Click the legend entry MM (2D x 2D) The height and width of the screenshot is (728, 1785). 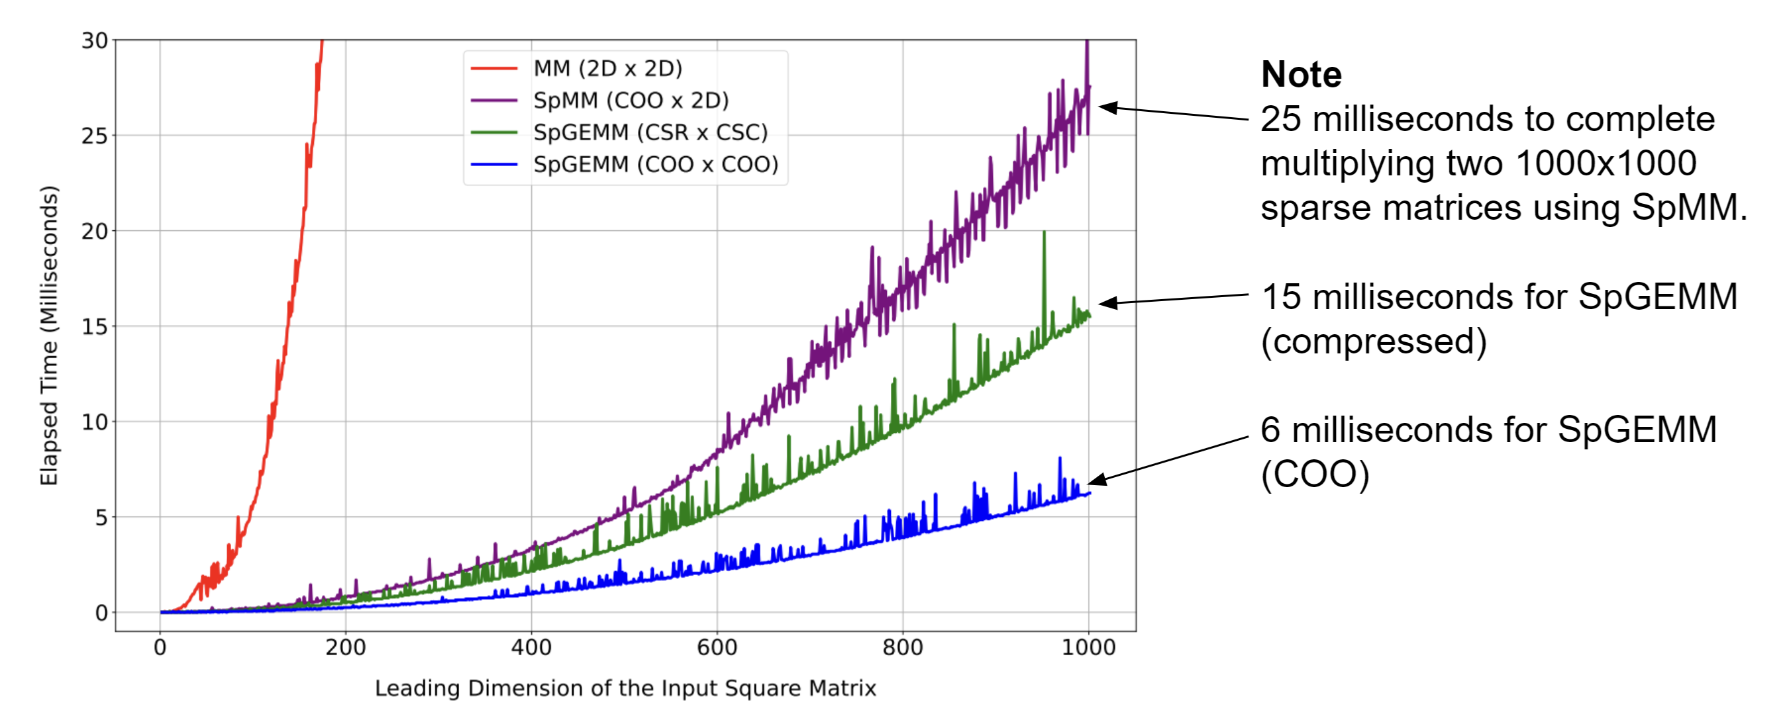607,69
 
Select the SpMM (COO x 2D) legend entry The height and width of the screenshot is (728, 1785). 631,101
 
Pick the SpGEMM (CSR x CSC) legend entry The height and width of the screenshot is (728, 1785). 650,132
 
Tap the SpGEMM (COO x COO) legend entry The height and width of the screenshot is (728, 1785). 655,164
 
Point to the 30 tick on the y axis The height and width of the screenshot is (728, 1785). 95,41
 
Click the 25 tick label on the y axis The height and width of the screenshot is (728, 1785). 95,136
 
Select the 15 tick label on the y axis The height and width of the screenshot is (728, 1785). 95,326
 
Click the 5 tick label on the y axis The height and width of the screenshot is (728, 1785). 101,518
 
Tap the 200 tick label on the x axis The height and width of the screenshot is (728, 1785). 345,649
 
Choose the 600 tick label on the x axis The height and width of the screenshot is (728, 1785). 717,649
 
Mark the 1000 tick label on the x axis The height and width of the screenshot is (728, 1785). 1088,649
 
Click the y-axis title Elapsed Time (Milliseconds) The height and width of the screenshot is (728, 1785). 48,336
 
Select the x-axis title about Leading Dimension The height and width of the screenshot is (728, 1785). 625,688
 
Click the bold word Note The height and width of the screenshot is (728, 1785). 1301,74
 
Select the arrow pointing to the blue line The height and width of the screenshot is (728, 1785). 1168,459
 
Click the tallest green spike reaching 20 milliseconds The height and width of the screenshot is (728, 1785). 1044,236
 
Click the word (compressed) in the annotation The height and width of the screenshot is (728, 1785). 1374,341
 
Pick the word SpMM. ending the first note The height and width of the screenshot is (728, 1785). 1689,207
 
